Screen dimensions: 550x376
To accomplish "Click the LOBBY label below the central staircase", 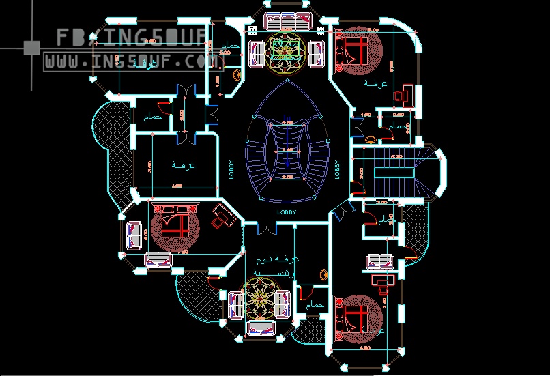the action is [287, 212].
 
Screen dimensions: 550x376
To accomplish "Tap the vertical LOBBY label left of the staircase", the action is [232, 169].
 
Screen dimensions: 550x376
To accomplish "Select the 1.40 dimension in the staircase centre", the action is [287, 149].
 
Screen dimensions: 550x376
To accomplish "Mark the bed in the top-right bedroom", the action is [355, 49].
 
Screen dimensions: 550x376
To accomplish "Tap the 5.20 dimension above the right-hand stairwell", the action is [396, 157].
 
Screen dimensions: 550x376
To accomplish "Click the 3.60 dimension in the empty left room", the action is [150, 164].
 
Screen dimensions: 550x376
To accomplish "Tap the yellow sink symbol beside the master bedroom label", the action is [322, 274].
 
